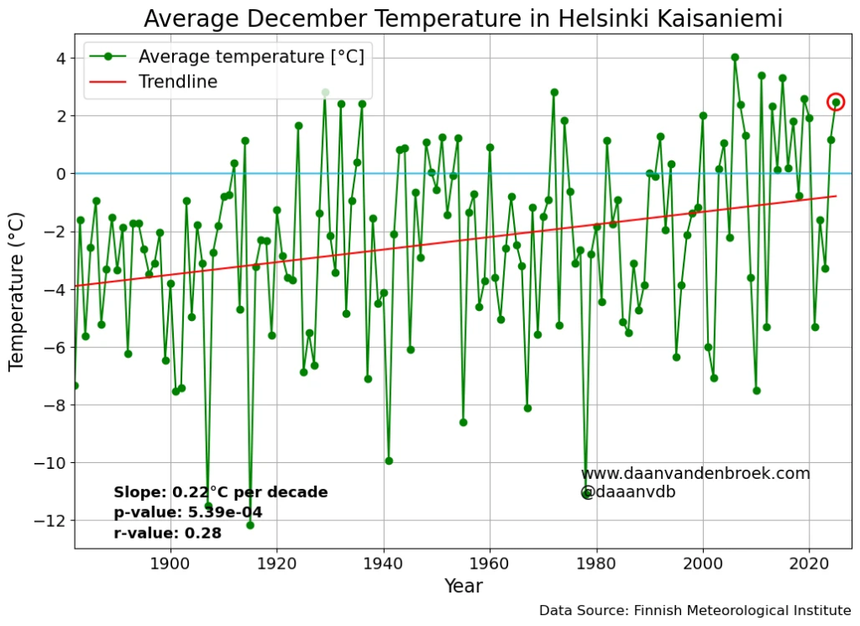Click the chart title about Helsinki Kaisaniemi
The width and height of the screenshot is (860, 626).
[x=463, y=18]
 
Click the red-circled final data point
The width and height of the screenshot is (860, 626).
[x=836, y=102]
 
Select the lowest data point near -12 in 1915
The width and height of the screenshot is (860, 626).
[x=250, y=525]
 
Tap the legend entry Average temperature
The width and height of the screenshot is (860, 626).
[x=250, y=56]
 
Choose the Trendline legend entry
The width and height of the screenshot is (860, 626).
[x=177, y=82]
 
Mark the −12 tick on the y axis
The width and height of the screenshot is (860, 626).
[x=53, y=521]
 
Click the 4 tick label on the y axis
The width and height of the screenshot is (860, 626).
[x=60, y=58]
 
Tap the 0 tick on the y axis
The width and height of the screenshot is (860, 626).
[x=60, y=174]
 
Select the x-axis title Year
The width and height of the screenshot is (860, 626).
[x=463, y=587]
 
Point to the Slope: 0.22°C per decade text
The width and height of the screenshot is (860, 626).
[x=221, y=492]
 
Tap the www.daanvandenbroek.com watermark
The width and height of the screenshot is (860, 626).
[x=695, y=473]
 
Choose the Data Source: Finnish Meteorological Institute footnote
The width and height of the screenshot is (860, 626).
[x=695, y=611]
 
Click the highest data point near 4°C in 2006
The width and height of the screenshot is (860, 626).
[x=735, y=57]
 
